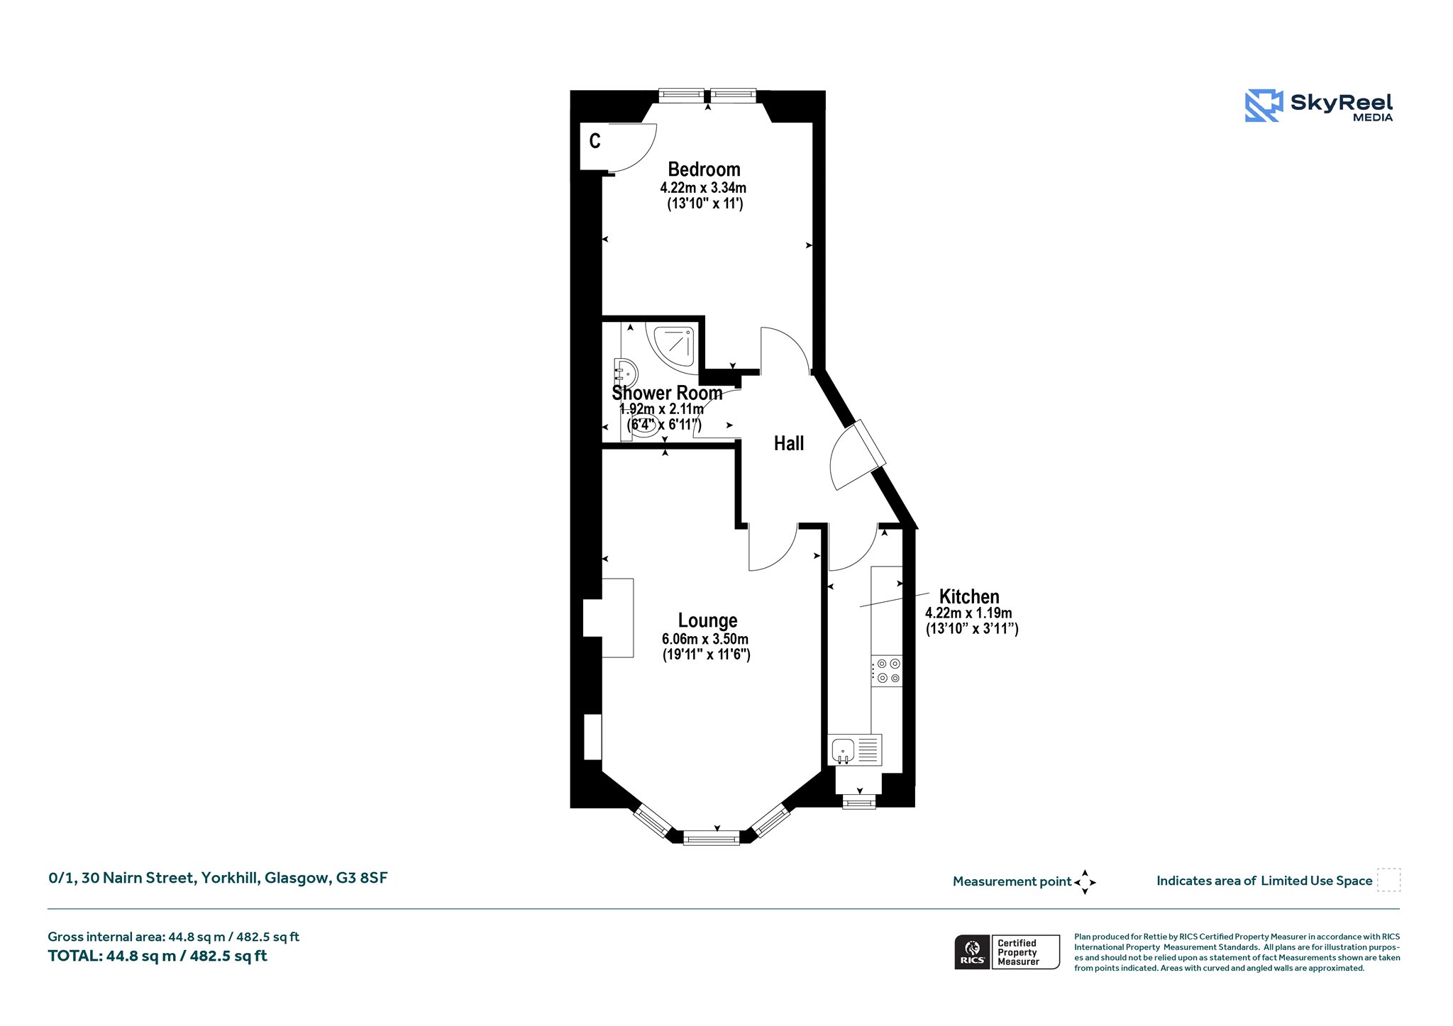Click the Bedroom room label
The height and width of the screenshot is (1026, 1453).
pyautogui.click(x=704, y=169)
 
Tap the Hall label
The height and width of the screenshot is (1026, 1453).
pyautogui.click(x=789, y=444)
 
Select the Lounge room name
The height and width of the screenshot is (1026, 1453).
pyautogui.click(x=707, y=621)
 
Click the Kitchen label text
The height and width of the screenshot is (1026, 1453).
pyautogui.click(x=969, y=596)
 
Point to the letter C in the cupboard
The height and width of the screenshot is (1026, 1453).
pyautogui.click(x=595, y=141)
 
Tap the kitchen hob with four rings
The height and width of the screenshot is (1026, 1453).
pyautogui.click(x=887, y=671)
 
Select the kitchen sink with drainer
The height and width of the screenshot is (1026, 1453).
pyautogui.click(x=855, y=749)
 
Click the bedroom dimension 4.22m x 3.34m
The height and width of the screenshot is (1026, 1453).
pyautogui.click(x=703, y=188)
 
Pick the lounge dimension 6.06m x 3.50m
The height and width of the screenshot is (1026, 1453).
pyautogui.click(x=705, y=639)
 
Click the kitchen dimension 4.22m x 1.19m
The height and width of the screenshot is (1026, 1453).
pyautogui.click(x=968, y=613)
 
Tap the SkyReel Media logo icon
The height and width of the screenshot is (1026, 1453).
pyautogui.click(x=1264, y=106)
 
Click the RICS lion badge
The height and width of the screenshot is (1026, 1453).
pyautogui.click(x=972, y=952)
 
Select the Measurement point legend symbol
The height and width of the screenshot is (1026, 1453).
pyautogui.click(x=1085, y=882)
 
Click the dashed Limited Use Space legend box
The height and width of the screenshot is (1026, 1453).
pyautogui.click(x=1388, y=880)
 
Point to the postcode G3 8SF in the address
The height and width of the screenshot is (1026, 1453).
pyautogui.click(x=362, y=878)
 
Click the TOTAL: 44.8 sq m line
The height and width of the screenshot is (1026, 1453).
pyautogui.click(x=158, y=956)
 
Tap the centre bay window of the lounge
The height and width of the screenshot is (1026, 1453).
pyautogui.click(x=712, y=839)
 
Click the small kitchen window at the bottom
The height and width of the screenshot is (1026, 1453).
pyautogui.click(x=858, y=802)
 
